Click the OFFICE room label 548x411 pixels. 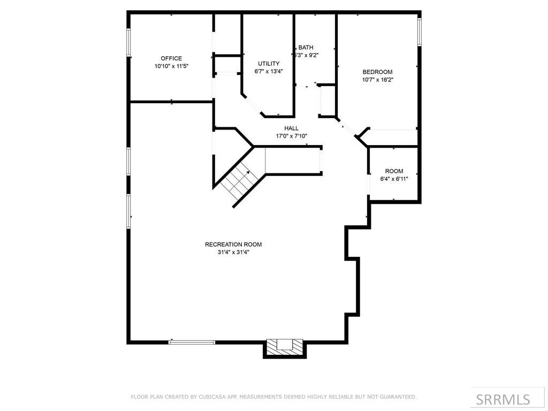[171, 58]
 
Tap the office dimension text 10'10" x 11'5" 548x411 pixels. [171, 66]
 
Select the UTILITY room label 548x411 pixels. [269, 64]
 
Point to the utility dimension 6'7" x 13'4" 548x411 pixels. [269, 71]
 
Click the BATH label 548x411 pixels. [306, 47]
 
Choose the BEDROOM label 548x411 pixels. [377, 72]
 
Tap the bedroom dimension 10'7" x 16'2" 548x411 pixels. [377, 80]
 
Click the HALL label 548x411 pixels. [291, 128]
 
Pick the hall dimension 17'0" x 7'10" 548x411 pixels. [291, 136]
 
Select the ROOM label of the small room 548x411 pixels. [394, 171]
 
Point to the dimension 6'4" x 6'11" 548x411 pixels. [394, 179]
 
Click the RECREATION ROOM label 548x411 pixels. [233, 245]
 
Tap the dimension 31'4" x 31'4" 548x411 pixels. [233, 252]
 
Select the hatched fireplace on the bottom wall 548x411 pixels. [284, 345]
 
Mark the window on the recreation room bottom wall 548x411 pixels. [192, 342]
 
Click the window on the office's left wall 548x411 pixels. [128, 42]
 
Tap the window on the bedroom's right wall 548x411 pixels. [420, 32]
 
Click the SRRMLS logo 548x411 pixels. [503, 399]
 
